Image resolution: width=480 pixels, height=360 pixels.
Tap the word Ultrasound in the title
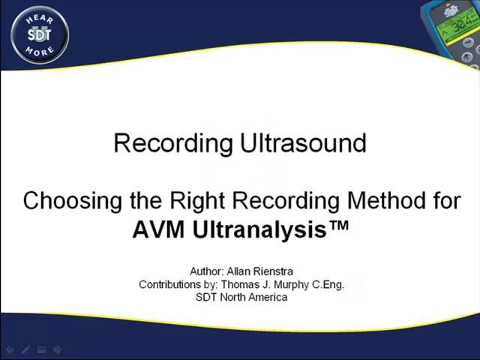click(303, 142)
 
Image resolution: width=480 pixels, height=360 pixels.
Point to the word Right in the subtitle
click(197, 201)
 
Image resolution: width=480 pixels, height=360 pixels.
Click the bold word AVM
click(159, 229)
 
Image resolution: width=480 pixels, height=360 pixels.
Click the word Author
click(206, 271)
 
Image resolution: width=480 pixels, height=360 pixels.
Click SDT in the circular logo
click(40, 34)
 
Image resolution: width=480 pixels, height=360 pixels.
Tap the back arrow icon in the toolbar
click(10, 349)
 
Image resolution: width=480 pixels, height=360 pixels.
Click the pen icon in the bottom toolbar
click(25, 349)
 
